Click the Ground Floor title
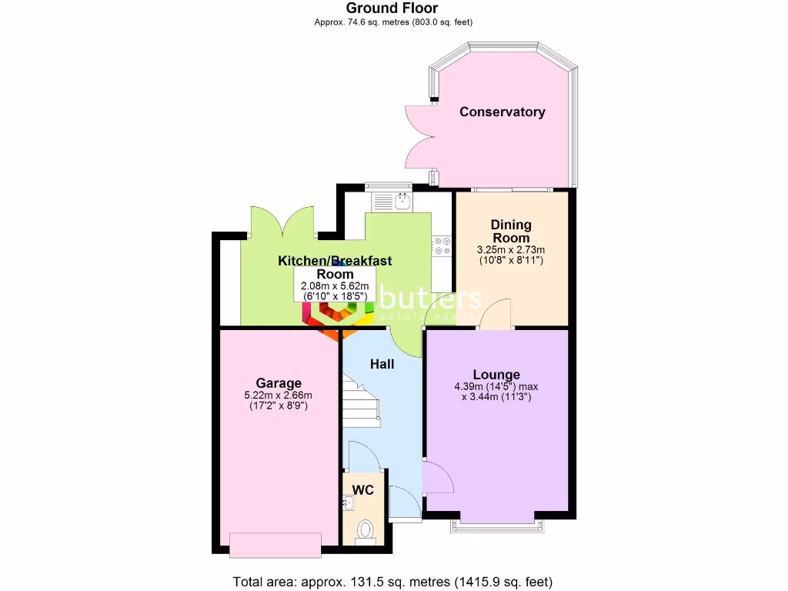(392, 8)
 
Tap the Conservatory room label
(502, 112)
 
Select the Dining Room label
(511, 231)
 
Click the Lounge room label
(496, 375)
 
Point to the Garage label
(279, 383)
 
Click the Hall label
(382, 364)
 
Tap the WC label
(363, 489)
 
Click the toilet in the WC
(366, 529)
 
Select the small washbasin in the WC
(347, 503)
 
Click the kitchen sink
(392, 201)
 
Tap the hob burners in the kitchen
(442, 245)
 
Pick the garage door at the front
(275, 544)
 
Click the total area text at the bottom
(392, 581)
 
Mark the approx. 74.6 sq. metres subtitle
(392, 22)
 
